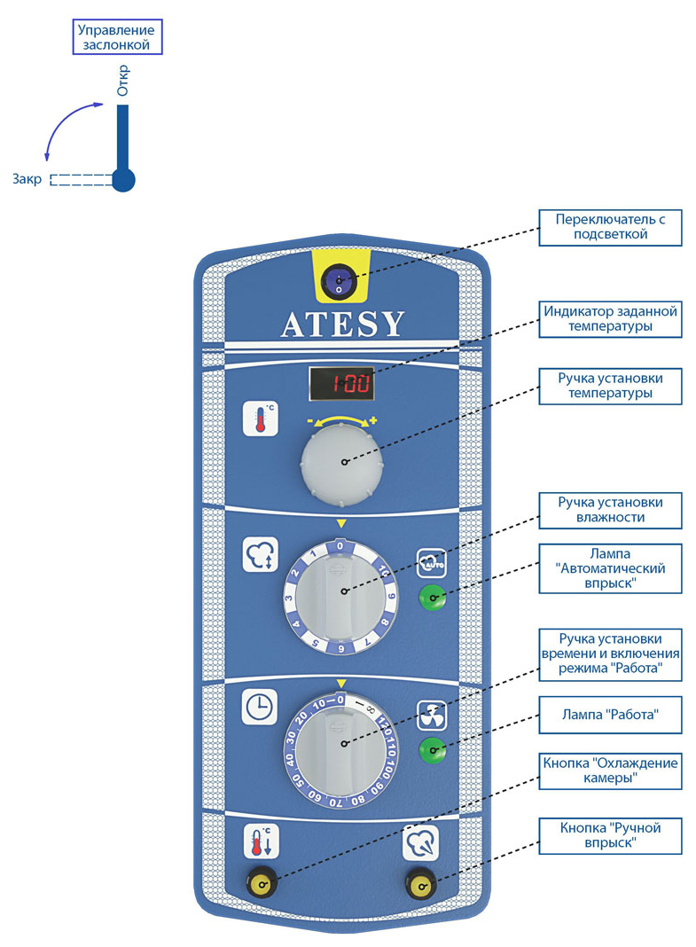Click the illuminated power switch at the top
339,282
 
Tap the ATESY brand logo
342,325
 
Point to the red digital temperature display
341,383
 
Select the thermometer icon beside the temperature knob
260,418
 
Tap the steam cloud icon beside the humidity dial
260,554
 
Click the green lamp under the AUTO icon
432,598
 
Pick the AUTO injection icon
432,563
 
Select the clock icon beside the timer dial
260,706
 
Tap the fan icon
432,715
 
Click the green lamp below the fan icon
432,750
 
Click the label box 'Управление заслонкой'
118,37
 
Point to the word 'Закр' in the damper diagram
27,179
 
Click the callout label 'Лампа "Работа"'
610,715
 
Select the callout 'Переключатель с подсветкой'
610,228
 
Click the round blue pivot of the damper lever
123,179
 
